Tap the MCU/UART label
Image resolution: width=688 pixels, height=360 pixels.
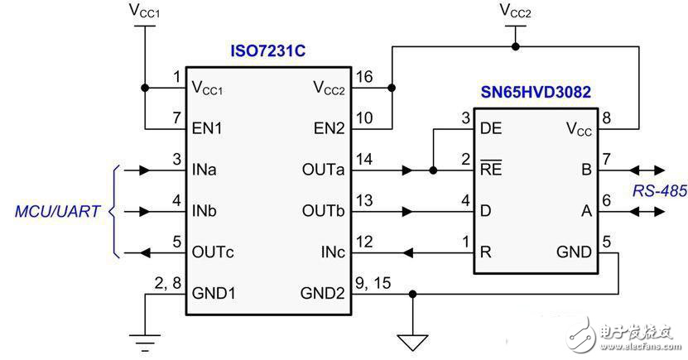click(x=58, y=212)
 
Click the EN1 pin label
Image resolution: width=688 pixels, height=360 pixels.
click(x=208, y=129)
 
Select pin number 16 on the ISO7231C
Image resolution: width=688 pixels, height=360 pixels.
click(x=364, y=76)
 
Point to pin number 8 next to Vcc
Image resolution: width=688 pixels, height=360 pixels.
click(x=607, y=118)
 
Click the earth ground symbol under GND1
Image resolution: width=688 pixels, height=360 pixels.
click(x=145, y=337)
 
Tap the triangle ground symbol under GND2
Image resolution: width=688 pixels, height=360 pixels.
click(x=411, y=338)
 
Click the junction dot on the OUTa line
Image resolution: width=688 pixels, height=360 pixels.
click(x=433, y=171)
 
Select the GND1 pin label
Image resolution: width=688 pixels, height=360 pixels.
click(x=214, y=292)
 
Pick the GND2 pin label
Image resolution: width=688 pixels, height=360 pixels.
click(x=323, y=292)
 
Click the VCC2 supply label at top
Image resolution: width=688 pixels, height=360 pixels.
click(x=515, y=12)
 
